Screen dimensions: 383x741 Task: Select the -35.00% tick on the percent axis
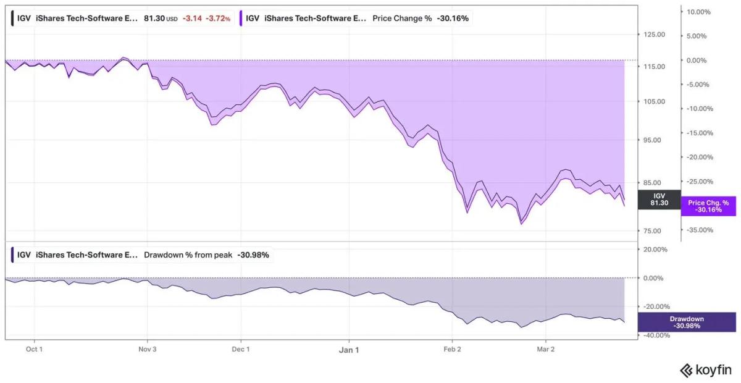pos(699,230)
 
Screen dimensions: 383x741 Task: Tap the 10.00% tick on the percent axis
pos(700,12)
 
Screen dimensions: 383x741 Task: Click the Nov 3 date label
pos(148,349)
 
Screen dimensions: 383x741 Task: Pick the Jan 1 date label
pos(349,350)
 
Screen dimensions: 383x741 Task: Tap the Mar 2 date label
pos(546,349)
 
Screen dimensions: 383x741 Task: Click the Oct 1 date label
pos(34,349)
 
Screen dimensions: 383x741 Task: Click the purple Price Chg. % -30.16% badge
pos(708,206)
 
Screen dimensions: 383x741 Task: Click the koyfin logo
pos(705,370)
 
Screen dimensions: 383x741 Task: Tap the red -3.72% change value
pos(218,19)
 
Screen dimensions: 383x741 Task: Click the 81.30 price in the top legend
pos(154,19)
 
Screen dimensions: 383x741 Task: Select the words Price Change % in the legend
pos(402,19)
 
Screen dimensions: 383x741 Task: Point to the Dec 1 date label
pos(240,349)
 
